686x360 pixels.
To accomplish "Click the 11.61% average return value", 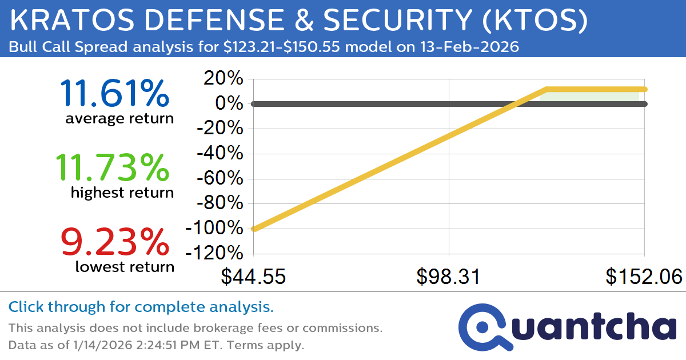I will [x=114, y=93].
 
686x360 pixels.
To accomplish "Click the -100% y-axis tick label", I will [x=214, y=228].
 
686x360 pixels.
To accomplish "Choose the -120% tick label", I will [x=214, y=253].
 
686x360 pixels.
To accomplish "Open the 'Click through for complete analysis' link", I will [x=141, y=307].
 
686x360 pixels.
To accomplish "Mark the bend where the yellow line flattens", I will [x=547, y=89].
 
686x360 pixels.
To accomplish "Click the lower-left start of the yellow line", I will [x=254, y=229].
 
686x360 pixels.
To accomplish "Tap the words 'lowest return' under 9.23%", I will [x=125, y=266].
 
